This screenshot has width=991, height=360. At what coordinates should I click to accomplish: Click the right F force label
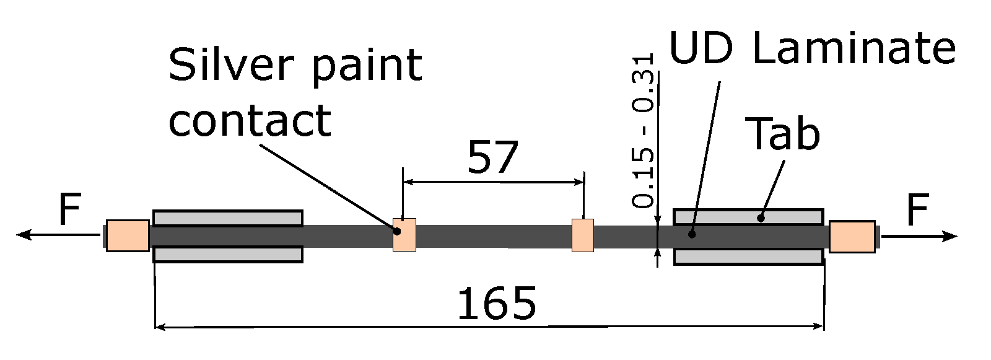pos(917,210)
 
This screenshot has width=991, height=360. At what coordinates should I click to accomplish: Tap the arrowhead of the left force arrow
pos(24,235)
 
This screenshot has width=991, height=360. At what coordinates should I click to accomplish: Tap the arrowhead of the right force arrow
pos(951,236)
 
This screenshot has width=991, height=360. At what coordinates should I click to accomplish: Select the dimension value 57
pos(492,158)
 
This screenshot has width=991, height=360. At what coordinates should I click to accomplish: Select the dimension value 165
pos(497,304)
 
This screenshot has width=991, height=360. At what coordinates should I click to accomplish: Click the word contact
pos(250,120)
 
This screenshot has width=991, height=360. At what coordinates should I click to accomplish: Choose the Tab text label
pos(785,134)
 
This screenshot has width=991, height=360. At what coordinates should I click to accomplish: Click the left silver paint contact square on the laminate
pos(404,235)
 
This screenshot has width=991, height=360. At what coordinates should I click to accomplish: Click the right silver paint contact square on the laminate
pos(582,235)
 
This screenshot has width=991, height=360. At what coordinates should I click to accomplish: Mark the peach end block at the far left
pos(128,235)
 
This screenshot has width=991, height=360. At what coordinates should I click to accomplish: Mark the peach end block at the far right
pos(852,237)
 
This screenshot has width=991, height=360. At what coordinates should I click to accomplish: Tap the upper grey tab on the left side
pos(228,218)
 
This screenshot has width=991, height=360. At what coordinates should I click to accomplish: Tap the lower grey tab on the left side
pos(228,255)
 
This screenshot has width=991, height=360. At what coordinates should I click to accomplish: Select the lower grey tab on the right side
pos(748,257)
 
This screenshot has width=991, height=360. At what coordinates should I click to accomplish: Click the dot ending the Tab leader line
pos(761,217)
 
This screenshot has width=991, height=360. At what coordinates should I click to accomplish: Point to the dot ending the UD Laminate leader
pos(692,234)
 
